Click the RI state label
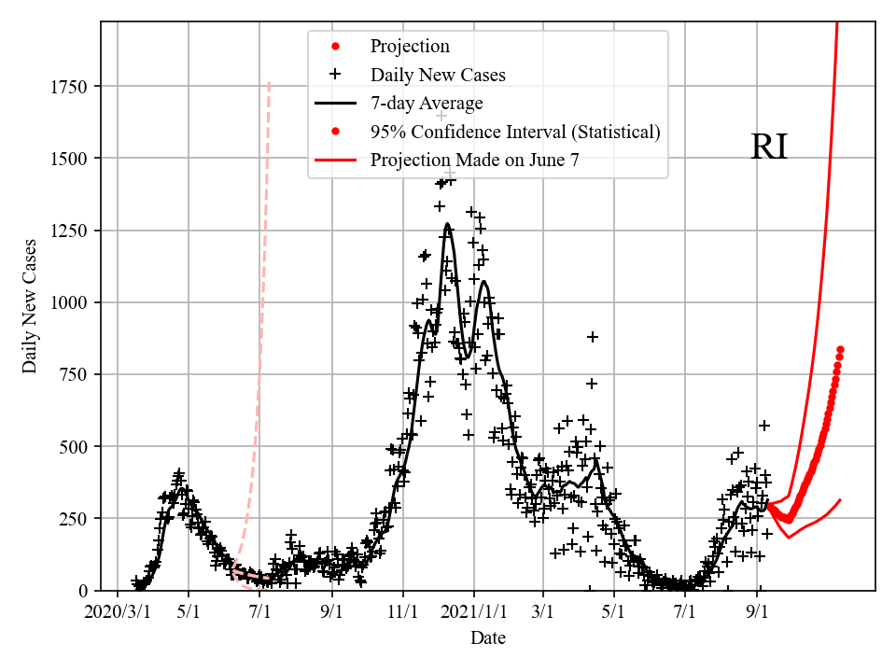coord(769,147)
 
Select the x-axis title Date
coord(487,638)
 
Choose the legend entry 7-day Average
coord(426,103)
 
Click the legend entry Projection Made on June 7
coord(474,161)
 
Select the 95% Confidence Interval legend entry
coord(515,132)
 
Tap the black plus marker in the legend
coord(336,75)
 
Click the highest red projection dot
coord(840,349)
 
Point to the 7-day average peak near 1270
coord(447,224)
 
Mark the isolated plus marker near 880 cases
coord(592,336)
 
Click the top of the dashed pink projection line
coord(270,82)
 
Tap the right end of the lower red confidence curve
coord(840,500)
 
